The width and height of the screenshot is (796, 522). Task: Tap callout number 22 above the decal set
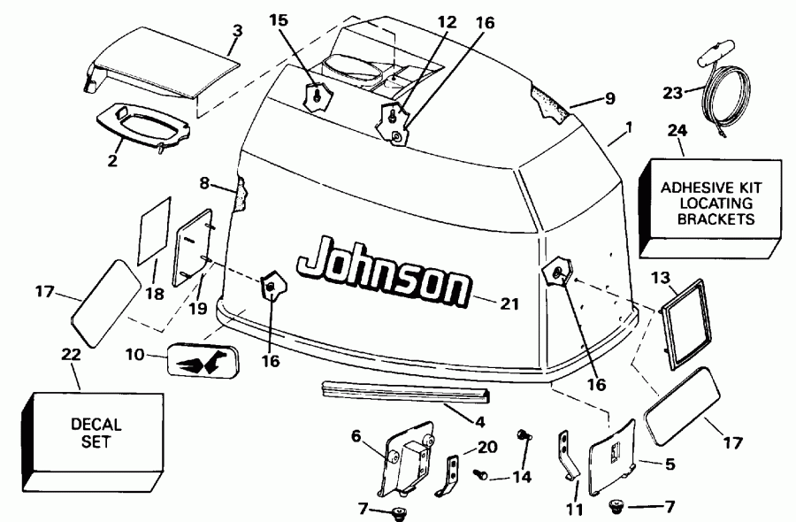click(72, 355)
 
